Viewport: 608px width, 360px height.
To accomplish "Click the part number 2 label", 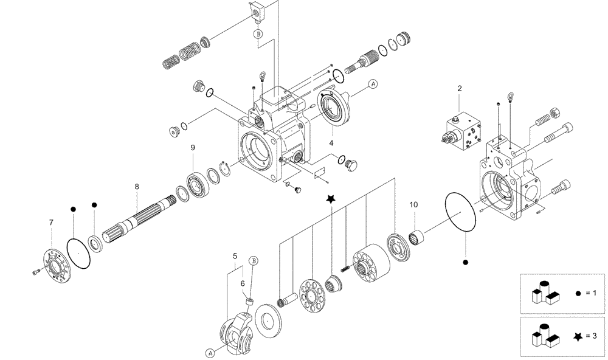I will click(x=460, y=88).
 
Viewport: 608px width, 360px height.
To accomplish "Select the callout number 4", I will click(x=331, y=143).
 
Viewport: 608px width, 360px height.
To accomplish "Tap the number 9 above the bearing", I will click(x=193, y=147).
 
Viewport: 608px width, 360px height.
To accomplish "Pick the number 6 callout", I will click(x=242, y=283).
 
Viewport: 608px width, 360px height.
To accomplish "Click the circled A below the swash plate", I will click(x=210, y=351).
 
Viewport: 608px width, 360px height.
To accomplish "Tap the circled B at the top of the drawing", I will click(x=258, y=35).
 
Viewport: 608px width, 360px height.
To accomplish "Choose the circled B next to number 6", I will click(x=254, y=260).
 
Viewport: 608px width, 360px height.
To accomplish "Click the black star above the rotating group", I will click(x=331, y=199).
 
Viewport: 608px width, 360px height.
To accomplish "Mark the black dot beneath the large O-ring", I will click(x=466, y=262).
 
